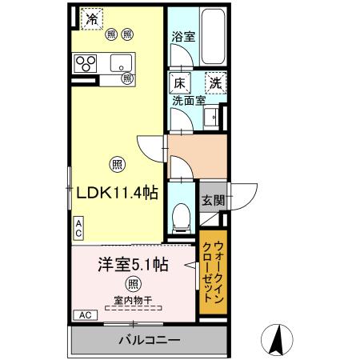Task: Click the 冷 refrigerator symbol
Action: (93, 18)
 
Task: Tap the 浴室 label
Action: (182, 37)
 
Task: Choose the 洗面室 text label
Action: (190, 101)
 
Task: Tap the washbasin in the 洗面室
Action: (211, 118)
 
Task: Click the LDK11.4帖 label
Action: (116, 193)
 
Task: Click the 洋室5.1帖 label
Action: (132, 264)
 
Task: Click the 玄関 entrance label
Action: (211, 200)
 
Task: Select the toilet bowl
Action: (182, 214)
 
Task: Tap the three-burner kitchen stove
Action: (86, 62)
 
